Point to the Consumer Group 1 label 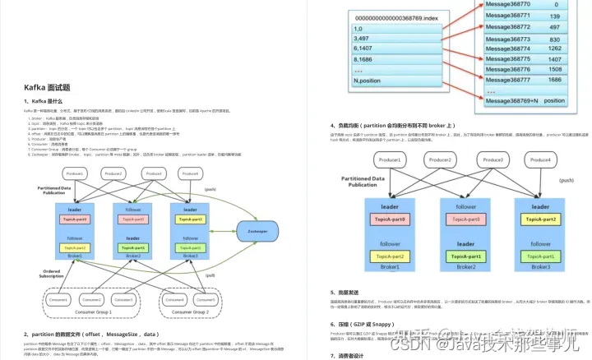pos(91,312)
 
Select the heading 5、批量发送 pos(349,292)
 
